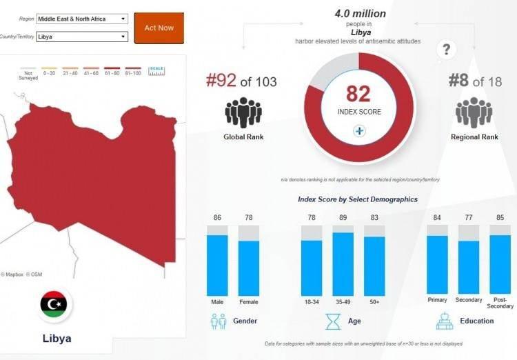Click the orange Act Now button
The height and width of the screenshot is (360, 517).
point(159,28)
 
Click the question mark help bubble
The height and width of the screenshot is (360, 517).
point(447,50)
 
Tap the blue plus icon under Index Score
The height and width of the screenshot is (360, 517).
point(359,131)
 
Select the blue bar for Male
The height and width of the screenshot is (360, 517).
point(218,265)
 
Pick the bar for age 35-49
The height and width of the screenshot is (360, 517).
point(343,263)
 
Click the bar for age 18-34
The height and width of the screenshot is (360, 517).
point(312,268)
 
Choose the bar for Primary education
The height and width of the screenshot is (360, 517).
point(437,265)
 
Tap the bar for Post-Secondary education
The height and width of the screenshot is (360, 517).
point(500,265)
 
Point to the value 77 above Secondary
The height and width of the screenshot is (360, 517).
point(469,219)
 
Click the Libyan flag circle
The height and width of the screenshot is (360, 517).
point(53,304)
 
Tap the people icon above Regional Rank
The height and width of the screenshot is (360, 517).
point(474,112)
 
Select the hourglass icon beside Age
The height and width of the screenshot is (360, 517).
point(334,321)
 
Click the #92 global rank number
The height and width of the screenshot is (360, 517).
point(221,81)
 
